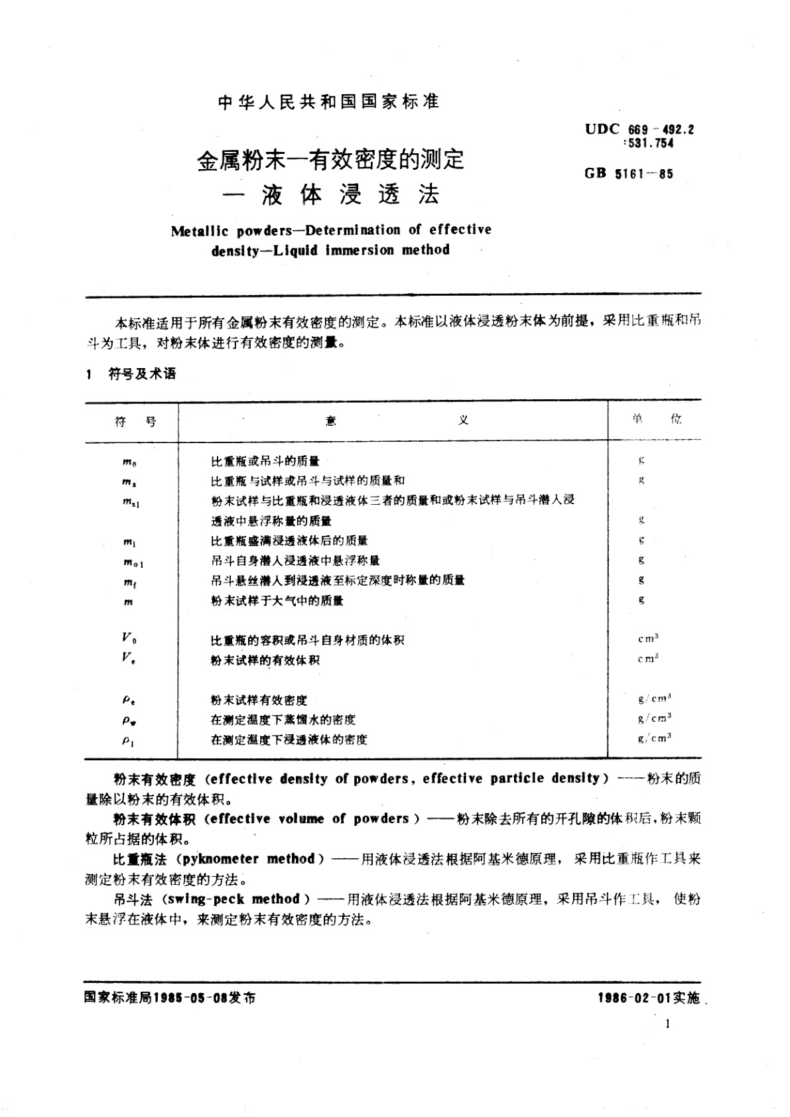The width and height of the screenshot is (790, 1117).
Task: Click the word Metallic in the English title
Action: click(200, 231)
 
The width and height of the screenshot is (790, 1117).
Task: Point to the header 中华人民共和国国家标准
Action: click(328, 101)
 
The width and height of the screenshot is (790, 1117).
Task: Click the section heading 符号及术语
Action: click(142, 374)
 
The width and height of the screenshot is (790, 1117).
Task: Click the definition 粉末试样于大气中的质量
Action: click(277, 601)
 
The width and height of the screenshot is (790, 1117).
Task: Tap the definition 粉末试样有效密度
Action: click(259, 700)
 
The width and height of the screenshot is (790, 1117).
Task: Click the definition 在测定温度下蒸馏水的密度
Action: click(283, 720)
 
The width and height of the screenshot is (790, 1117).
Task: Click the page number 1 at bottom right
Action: click(667, 1024)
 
